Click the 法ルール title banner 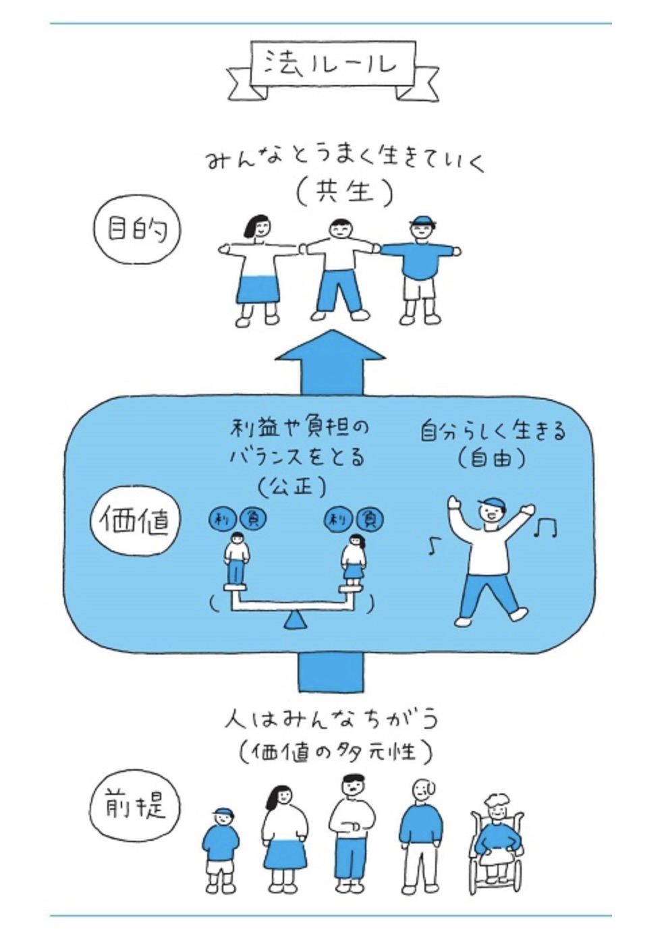330,65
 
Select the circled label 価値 134,521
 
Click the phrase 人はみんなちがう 331,720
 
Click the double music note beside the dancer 545,527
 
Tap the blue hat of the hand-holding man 422,221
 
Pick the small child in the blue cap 221,847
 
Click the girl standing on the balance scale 354,559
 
